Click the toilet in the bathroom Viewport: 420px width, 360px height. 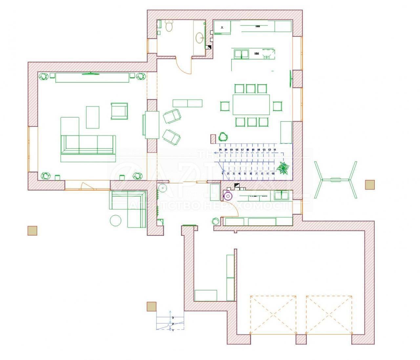169,26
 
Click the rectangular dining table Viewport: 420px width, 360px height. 251,105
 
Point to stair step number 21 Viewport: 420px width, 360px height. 220,150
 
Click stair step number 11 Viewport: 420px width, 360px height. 274,150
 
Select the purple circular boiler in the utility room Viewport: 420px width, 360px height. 227,195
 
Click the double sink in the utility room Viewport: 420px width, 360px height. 281,195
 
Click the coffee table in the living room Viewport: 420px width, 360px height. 93,117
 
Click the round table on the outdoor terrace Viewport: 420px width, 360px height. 115,220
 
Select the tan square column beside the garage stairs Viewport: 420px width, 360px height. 151,307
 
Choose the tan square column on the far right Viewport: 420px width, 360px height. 370,185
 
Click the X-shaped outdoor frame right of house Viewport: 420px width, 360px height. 335,180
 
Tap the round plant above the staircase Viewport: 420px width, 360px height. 223,136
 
